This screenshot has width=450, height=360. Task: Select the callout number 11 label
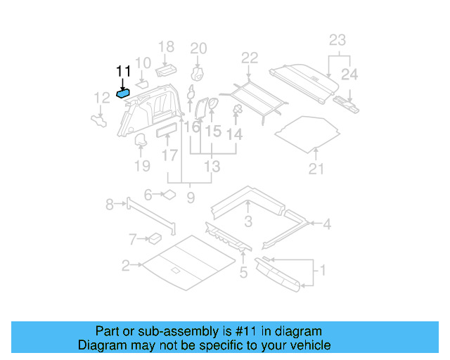point(124,70)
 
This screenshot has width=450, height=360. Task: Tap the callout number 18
point(166,48)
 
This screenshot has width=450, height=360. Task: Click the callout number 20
point(199,49)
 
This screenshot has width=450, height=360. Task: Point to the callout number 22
point(250,58)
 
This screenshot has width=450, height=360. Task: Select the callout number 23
point(337,40)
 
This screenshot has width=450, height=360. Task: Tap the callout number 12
point(102,98)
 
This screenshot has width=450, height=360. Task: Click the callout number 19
point(142,166)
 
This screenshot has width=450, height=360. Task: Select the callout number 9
point(190,198)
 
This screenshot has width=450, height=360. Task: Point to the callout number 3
point(247,223)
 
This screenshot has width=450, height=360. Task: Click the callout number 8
point(110,205)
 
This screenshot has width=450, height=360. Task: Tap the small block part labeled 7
point(153,238)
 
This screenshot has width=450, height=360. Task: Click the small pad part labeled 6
point(169,194)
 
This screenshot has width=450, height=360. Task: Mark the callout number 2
point(125,266)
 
